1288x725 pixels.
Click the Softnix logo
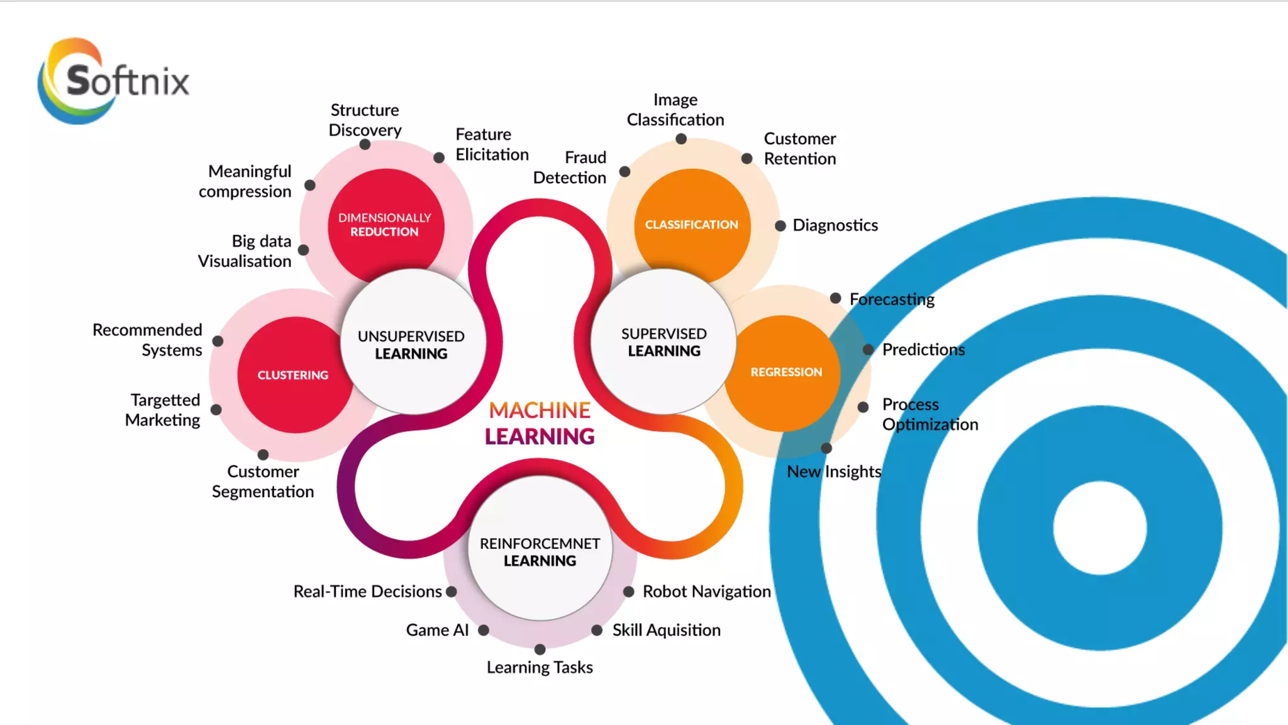tap(113, 81)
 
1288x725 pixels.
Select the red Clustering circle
tap(292, 375)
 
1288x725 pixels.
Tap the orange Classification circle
tap(692, 225)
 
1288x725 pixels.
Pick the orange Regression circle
tap(786, 372)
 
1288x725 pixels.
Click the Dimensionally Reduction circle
tap(385, 225)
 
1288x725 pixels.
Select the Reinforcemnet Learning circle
tap(540, 551)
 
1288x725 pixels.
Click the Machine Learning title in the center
tap(540, 423)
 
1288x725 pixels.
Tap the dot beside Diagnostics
tap(780, 226)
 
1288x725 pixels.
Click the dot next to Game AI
tap(484, 630)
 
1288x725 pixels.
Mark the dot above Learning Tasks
tap(540, 649)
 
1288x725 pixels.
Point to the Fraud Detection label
tap(570, 167)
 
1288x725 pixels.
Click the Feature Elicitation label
tap(492, 144)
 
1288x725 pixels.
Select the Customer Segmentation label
tap(263, 481)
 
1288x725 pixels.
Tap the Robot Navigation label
tap(706, 592)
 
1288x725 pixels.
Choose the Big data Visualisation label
tap(245, 251)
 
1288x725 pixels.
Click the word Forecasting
tap(892, 299)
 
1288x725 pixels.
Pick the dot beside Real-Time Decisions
tap(451, 592)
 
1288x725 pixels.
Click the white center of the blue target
tap(1100, 527)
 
